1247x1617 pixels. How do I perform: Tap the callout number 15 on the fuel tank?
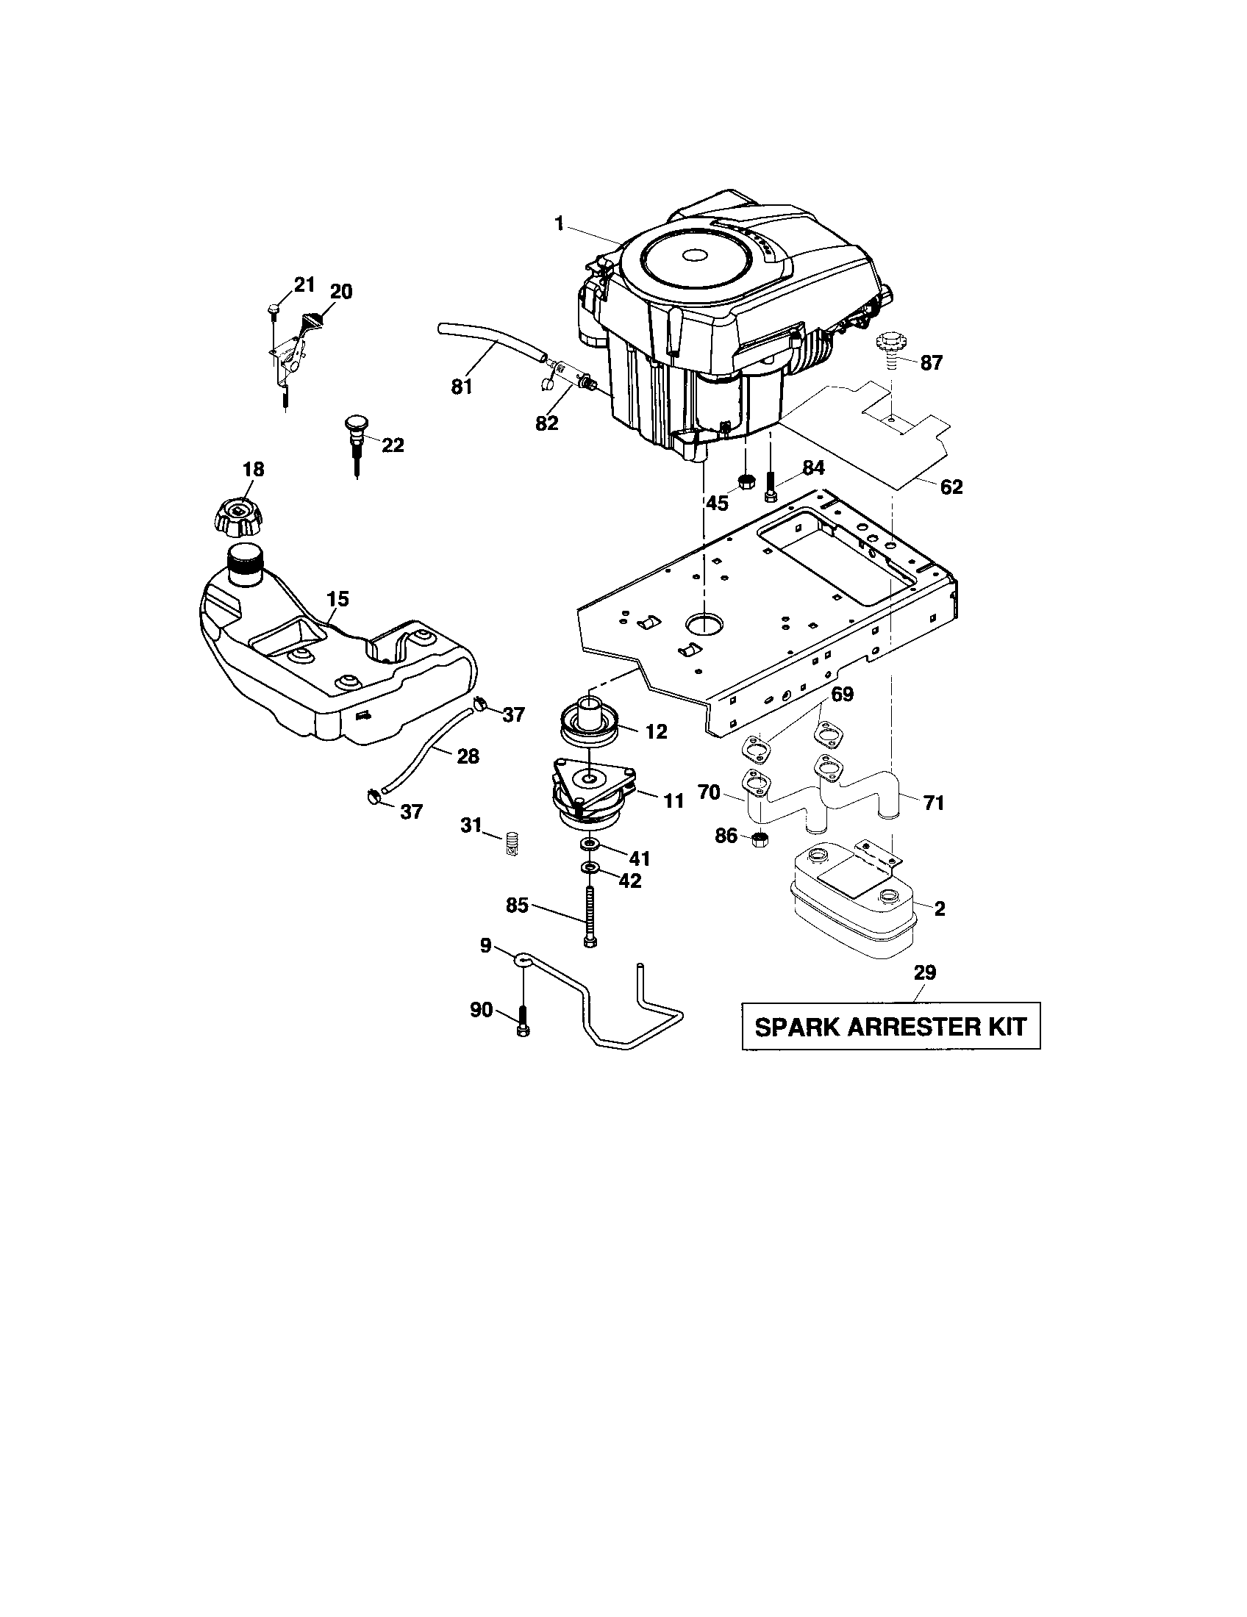pos(337,598)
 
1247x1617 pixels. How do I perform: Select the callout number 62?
pos(951,487)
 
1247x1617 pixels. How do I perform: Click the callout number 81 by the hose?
pos(461,387)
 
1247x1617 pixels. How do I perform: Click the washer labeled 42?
pos(590,867)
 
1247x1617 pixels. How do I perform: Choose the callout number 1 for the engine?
pos(560,223)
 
